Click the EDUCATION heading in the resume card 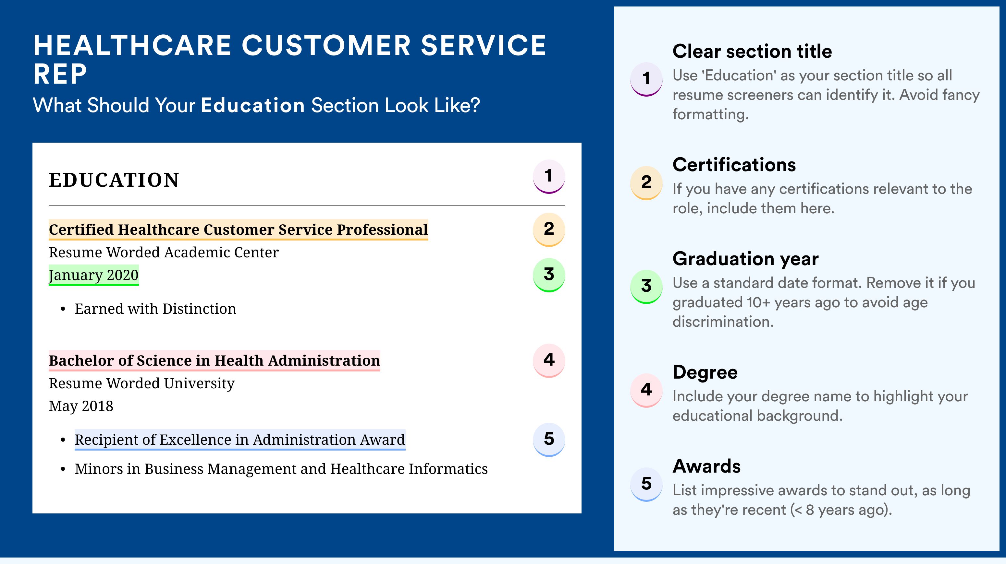click(x=114, y=180)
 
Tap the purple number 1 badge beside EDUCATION click(x=549, y=177)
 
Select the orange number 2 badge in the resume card click(x=549, y=230)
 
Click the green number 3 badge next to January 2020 click(x=549, y=275)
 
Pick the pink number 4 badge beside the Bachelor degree click(x=549, y=360)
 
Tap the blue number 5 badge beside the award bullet click(x=549, y=440)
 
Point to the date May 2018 click(x=81, y=406)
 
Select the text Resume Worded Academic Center click(x=164, y=253)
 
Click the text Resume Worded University click(x=141, y=383)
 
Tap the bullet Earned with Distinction click(x=155, y=309)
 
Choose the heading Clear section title click(x=752, y=51)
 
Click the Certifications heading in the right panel click(x=734, y=165)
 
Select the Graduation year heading click(x=745, y=259)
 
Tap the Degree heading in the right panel click(x=705, y=372)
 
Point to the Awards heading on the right click(x=706, y=466)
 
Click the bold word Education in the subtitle click(x=253, y=105)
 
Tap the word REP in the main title click(x=60, y=74)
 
